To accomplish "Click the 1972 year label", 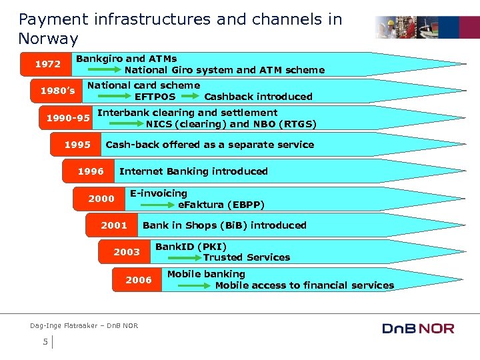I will pos(48,65).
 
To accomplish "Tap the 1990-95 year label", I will pos(68,119).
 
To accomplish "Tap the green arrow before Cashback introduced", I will pos(190,97).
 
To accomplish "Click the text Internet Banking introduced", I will pos(193,171).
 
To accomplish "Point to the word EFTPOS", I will pos(155,97).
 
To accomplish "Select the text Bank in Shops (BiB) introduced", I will pos(224,225).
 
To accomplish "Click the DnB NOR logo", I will pos(418,328).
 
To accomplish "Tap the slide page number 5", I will pos(45,342).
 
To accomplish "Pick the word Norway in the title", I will pos(48,39).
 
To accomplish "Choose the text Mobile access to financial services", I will pos(304,285).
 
